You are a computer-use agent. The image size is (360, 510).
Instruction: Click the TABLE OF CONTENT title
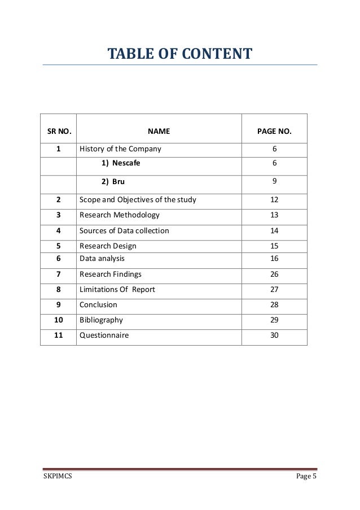pos(180,55)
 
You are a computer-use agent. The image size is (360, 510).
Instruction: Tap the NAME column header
pos(159,132)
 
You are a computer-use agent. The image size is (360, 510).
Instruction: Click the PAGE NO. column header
pos(274,132)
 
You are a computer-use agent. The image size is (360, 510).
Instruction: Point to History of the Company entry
pos(120,150)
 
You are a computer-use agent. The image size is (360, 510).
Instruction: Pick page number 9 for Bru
pos(274,182)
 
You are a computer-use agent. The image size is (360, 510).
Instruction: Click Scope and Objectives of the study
pos(138,200)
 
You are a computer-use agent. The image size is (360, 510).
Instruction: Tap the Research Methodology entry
pos(120,215)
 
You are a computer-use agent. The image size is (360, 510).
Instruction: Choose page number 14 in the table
pos(274,230)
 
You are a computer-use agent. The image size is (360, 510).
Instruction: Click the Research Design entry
pos(108,246)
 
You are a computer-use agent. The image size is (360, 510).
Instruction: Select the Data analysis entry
pos(102,259)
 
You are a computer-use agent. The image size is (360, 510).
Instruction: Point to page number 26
pos(274,274)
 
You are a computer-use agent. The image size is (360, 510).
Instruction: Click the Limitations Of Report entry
pos(117,290)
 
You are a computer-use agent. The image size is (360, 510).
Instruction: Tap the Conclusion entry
pos(98,305)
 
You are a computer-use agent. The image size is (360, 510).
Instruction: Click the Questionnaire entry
pos(104,335)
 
